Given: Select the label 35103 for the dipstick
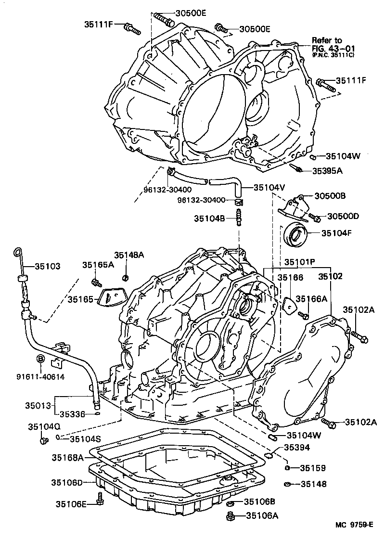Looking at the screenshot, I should [x=47, y=266].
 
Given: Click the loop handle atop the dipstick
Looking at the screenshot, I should [x=18, y=251].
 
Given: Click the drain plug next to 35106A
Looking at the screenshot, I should [x=231, y=517].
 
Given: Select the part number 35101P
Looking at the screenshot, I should [x=299, y=262].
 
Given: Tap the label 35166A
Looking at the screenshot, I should [x=311, y=299].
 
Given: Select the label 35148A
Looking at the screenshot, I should [x=128, y=255].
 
